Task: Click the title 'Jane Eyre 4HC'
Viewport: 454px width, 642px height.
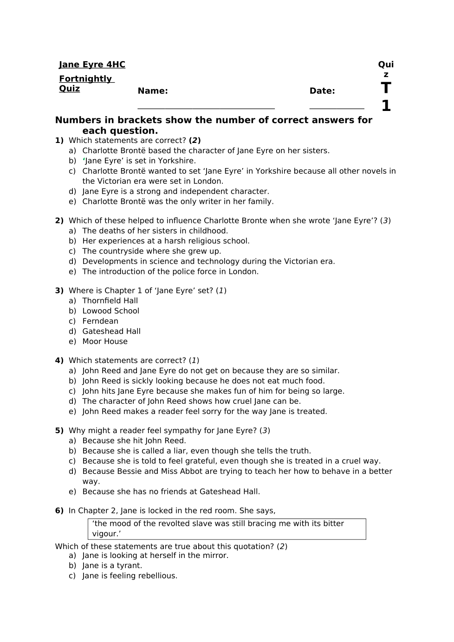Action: [92, 65]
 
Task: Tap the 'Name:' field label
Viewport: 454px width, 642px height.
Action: [153, 91]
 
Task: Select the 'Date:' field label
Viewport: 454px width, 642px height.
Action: [322, 91]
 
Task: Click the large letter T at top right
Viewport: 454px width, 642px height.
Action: [386, 88]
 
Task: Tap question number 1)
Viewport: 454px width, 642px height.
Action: [59, 141]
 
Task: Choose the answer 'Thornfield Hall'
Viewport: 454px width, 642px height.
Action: [110, 301]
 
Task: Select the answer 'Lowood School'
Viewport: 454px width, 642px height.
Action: [110, 311]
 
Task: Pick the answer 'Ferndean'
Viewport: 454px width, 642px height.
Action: [100, 321]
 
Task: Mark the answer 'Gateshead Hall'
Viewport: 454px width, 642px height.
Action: [111, 331]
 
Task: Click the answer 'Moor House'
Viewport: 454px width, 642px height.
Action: [105, 342]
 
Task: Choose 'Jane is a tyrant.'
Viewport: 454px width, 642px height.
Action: [112, 566]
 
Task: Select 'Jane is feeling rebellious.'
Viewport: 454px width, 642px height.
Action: [130, 576]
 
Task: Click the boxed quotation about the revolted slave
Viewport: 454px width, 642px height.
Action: [227, 529]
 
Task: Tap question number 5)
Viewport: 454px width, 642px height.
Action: [59, 431]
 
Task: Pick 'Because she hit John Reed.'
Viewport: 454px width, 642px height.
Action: [134, 441]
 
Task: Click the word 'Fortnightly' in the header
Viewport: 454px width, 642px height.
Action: [85, 79]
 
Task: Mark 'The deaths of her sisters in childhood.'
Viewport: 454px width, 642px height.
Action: [155, 231]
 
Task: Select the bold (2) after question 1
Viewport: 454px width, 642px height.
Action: [195, 141]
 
